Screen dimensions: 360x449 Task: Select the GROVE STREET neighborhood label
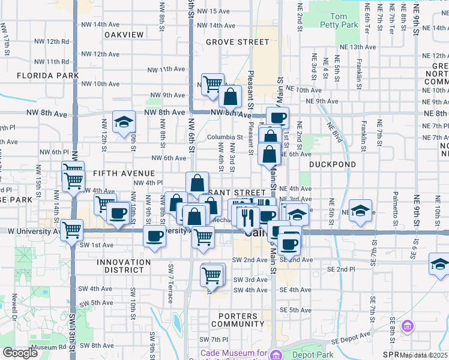coord(237,42)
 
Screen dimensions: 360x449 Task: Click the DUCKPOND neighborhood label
coord(333,164)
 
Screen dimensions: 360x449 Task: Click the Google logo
coord(20,353)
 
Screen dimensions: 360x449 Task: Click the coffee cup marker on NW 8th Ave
coord(277,117)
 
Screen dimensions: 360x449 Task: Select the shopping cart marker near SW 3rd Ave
coord(212,275)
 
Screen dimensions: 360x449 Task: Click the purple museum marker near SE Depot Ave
coord(408,326)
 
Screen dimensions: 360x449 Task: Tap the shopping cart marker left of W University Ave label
coord(72,229)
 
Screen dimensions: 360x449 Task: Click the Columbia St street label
coord(225,137)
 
